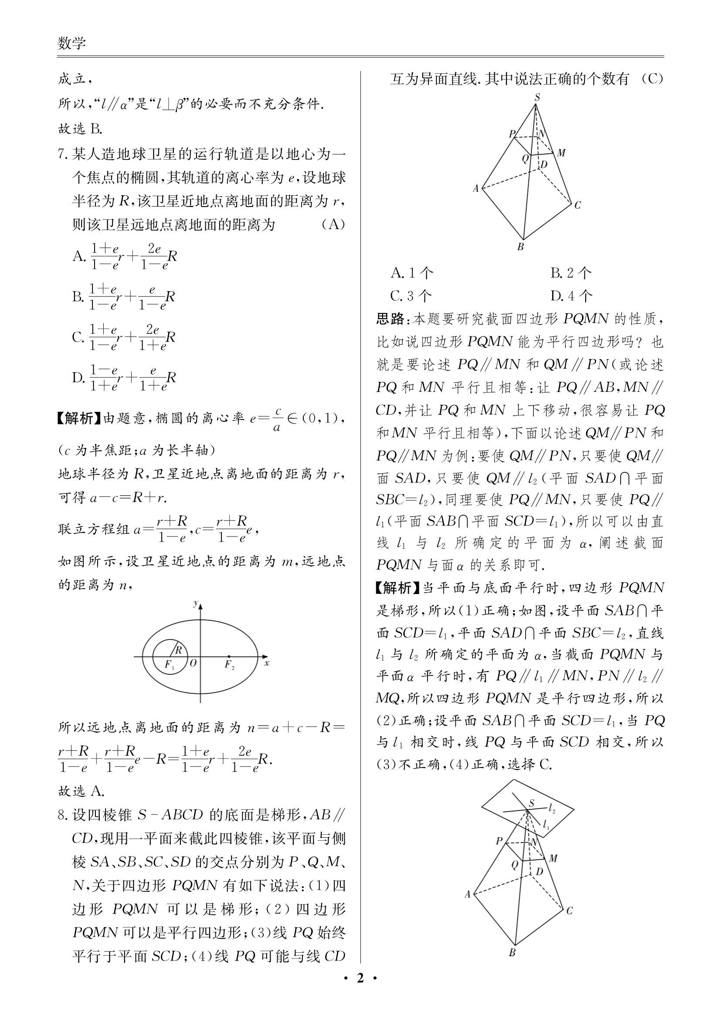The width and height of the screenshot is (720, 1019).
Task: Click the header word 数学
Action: tap(71, 44)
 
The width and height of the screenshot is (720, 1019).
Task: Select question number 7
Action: tap(63, 155)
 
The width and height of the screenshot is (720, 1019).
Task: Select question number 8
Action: tap(63, 815)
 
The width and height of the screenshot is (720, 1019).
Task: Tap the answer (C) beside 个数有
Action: tap(652, 79)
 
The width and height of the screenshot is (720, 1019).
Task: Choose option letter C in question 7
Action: tap(78, 337)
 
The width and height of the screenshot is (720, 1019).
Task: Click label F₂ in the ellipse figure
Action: tap(229, 664)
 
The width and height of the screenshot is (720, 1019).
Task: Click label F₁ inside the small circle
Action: tap(169, 664)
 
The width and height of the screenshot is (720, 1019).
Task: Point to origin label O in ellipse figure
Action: tap(193, 663)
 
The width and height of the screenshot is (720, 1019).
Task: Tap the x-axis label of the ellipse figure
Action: tap(267, 663)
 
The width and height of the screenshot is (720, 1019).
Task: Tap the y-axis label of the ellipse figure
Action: tap(195, 603)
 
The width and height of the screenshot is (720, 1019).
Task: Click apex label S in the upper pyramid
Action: tap(537, 97)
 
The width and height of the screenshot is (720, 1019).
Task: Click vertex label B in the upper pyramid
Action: tap(521, 247)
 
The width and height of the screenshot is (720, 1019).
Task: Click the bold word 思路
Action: tap(390, 319)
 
